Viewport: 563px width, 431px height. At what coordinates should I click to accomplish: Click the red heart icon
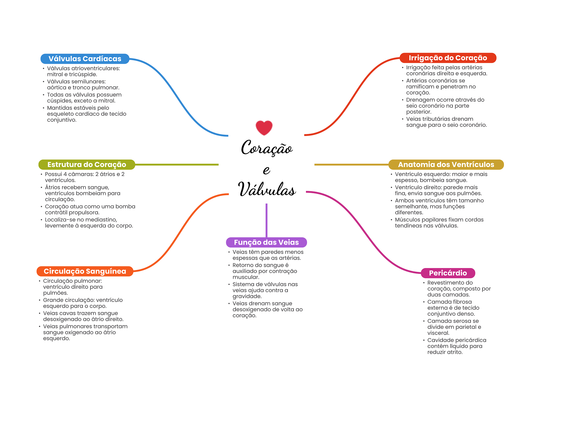pyautogui.click(x=264, y=128)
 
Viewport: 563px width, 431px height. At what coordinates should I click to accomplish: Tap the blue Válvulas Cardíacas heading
pyautogui.click(x=85, y=59)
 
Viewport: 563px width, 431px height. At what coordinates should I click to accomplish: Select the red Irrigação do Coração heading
pyautogui.click(x=448, y=58)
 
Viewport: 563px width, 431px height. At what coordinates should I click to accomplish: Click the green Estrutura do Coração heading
pyautogui.click(x=87, y=165)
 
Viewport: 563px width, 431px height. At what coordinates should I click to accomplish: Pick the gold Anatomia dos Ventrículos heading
pyautogui.click(x=446, y=165)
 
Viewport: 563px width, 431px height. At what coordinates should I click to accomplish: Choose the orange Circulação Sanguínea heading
pyautogui.click(x=85, y=271)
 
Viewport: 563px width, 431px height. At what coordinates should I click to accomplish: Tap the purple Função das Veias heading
pyautogui.click(x=266, y=242)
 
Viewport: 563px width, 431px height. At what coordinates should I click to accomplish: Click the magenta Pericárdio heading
pyautogui.click(x=448, y=273)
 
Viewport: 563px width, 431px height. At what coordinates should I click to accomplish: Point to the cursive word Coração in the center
pyautogui.click(x=267, y=148)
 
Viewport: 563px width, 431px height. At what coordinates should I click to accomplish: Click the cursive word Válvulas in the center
pyautogui.click(x=267, y=190)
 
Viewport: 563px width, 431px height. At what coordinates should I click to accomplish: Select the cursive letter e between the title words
pyautogui.click(x=266, y=170)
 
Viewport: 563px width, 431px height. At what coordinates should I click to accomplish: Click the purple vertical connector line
pyautogui.click(x=266, y=220)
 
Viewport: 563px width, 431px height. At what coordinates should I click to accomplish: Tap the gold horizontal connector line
pyautogui.click(x=351, y=165)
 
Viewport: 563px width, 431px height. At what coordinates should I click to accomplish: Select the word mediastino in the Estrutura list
pyautogui.click(x=102, y=220)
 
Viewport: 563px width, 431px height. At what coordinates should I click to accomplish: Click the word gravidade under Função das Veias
pyautogui.click(x=247, y=296)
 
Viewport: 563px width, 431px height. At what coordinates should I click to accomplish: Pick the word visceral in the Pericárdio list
pyautogui.click(x=438, y=333)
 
